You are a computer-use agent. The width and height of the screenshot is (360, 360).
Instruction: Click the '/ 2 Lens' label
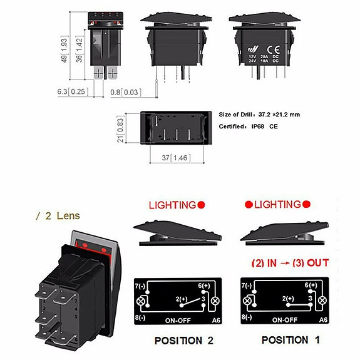point(57,216)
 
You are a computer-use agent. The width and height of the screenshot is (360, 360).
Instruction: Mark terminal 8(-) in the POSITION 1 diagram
point(249,318)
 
